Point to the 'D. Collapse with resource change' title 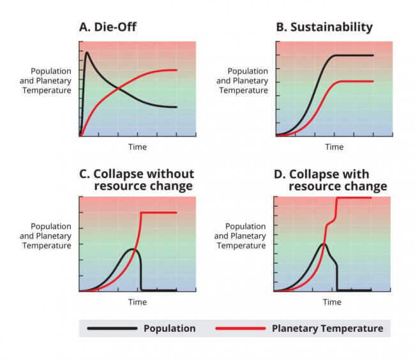click(338, 180)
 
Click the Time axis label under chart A click(137, 147)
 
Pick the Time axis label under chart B click(334, 147)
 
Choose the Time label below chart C click(137, 302)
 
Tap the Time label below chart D click(332, 302)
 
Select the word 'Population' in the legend click(170, 329)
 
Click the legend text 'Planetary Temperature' click(328, 329)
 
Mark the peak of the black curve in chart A click(87, 52)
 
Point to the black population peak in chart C click(132, 249)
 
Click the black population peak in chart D click(324, 244)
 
